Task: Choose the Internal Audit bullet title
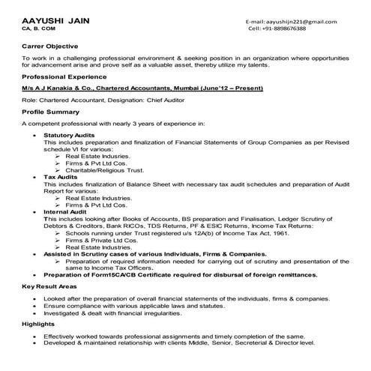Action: [66, 212]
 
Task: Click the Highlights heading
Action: [38, 325]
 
